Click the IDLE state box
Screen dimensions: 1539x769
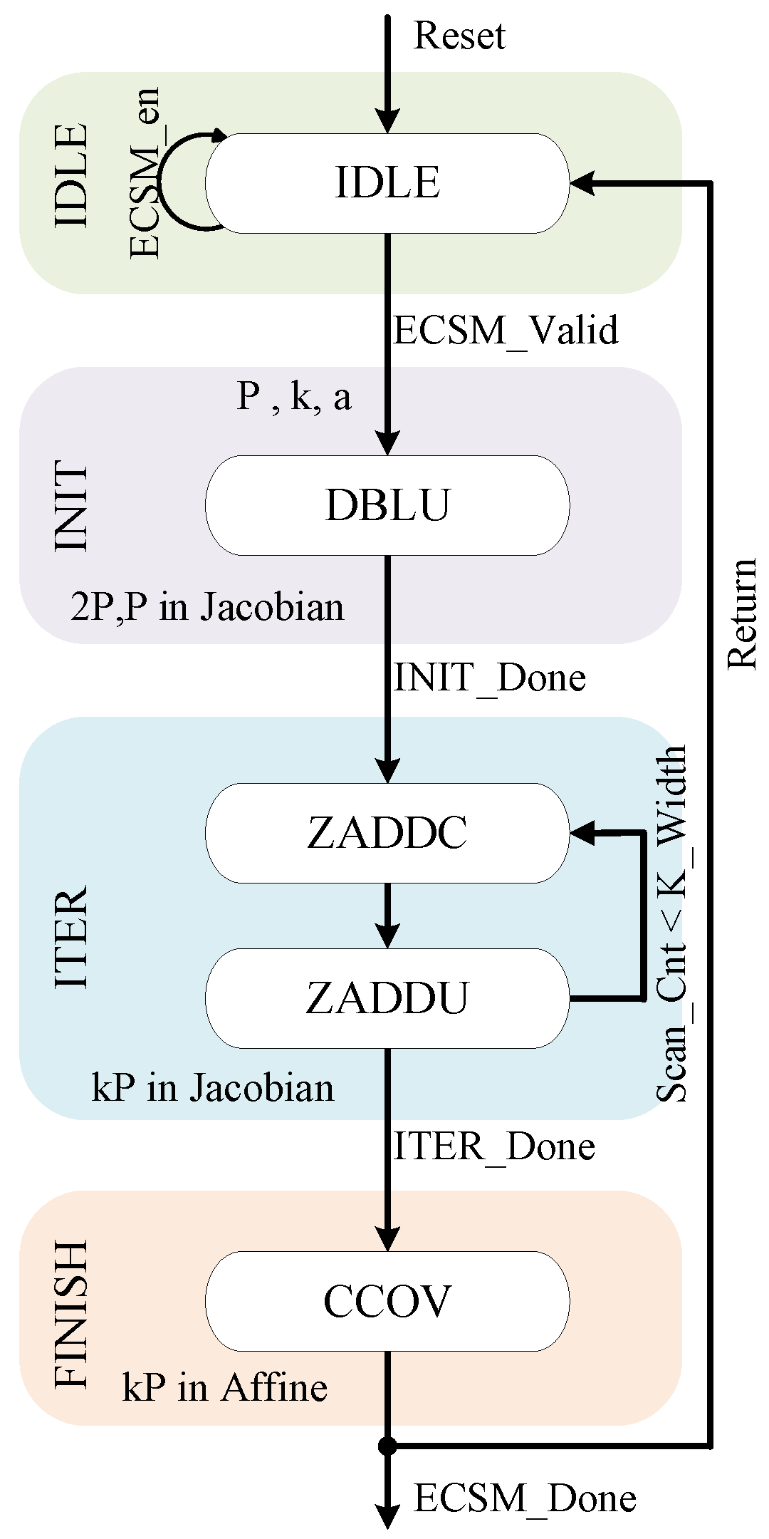(x=387, y=183)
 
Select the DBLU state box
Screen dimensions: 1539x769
(x=387, y=505)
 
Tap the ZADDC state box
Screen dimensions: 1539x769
(x=387, y=833)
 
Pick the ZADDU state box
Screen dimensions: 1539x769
(x=387, y=998)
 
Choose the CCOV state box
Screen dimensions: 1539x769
(x=387, y=1301)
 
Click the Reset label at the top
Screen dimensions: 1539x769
(x=459, y=36)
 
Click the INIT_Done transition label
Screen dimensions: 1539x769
(x=490, y=677)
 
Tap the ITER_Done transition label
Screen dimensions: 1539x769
(x=494, y=1146)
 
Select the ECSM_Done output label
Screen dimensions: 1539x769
(x=525, y=1498)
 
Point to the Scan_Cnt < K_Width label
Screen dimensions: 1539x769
(x=671, y=923)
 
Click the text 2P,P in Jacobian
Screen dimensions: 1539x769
(x=207, y=607)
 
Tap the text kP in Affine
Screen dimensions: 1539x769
(x=225, y=1387)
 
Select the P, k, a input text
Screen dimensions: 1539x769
(x=293, y=396)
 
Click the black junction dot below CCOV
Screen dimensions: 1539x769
(x=387, y=1446)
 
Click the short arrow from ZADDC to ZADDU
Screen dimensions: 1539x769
(x=387, y=916)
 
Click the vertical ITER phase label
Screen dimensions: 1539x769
(x=72, y=937)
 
